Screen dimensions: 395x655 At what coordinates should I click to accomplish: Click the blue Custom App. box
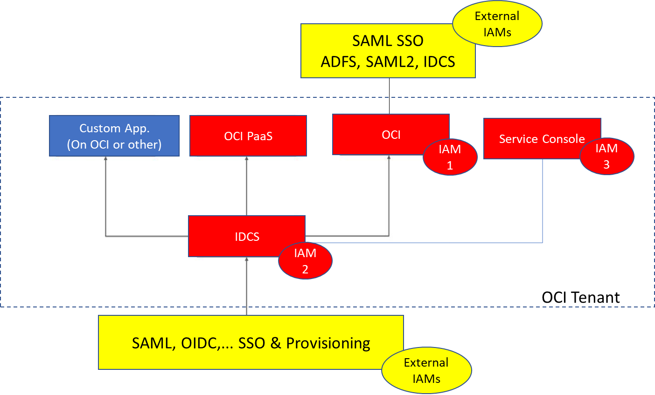point(114,136)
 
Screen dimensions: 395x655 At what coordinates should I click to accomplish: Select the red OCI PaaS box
point(248,136)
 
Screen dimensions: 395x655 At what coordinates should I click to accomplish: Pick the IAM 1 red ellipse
point(450,157)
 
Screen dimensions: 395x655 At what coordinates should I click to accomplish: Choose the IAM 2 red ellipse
point(305,261)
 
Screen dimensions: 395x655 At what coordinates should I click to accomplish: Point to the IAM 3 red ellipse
point(606,157)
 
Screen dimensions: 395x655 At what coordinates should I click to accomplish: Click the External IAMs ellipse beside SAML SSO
point(497,24)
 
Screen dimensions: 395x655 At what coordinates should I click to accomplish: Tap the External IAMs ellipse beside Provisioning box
point(426,370)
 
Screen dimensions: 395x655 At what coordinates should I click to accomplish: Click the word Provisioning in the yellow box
point(328,343)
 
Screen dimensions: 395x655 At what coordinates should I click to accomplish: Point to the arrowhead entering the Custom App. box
point(106,159)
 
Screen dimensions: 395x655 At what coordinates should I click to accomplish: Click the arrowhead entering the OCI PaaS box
point(247,159)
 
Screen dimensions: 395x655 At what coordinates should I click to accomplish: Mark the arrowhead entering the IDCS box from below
point(247,259)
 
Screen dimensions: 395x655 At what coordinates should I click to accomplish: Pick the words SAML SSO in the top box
point(388,41)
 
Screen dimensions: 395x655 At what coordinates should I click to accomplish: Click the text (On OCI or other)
point(114,144)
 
